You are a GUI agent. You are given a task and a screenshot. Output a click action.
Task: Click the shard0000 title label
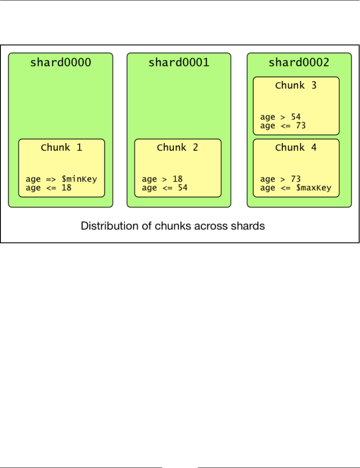(x=60, y=63)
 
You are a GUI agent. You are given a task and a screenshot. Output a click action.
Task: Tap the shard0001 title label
(x=179, y=63)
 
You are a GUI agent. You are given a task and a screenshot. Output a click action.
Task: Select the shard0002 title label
(x=299, y=63)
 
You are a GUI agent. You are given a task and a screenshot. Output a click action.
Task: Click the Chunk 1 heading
(x=61, y=148)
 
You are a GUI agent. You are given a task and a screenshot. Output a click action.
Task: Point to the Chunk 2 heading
(x=177, y=148)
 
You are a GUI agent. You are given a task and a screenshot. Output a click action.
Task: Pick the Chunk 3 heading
(x=296, y=86)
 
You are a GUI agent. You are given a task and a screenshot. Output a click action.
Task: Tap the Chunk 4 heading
(x=296, y=148)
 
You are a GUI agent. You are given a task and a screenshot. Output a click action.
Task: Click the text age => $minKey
(x=61, y=179)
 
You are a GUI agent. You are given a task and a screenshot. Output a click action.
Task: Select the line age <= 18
(x=48, y=188)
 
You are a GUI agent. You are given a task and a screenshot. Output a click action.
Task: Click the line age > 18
(x=162, y=179)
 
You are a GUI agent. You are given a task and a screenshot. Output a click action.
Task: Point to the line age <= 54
(x=165, y=188)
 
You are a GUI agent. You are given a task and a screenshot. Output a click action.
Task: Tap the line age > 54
(x=281, y=117)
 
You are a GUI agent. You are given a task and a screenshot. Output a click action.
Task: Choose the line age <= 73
(x=283, y=126)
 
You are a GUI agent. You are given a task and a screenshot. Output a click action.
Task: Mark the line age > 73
(x=281, y=179)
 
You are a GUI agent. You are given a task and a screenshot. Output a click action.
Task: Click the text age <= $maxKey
(x=295, y=188)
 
